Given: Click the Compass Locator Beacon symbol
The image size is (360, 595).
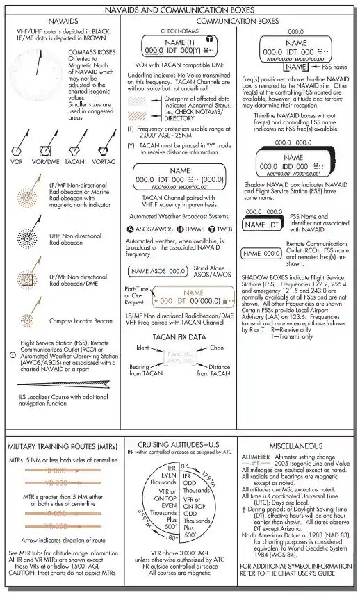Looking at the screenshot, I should click(27, 320).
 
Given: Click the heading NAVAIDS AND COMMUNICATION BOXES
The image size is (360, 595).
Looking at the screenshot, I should click(180, 10).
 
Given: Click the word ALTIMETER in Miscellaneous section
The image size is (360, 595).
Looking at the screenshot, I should click(256, 456).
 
